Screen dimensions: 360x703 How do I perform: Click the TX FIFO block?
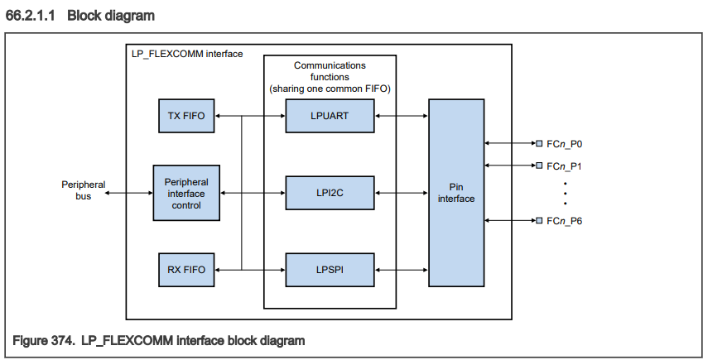186,116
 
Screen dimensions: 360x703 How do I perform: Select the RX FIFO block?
186,269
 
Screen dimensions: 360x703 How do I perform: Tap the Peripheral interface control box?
186,193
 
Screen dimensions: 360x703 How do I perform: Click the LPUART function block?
329,116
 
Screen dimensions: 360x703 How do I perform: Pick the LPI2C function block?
329,193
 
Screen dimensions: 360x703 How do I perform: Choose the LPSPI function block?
329,269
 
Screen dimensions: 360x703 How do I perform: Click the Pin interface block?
456,193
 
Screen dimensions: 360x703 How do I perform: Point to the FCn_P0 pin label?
566,143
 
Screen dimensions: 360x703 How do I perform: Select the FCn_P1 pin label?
566,166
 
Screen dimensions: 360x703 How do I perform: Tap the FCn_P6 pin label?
566,221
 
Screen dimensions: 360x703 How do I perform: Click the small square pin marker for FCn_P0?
539,143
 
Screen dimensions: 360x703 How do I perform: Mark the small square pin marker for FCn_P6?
539,221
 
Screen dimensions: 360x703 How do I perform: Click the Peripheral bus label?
84,191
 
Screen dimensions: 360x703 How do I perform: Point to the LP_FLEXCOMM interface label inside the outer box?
187,54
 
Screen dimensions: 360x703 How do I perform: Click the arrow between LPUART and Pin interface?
401,116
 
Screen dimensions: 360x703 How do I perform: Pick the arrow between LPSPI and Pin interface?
401,269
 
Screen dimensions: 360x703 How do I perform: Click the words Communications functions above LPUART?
329,70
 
